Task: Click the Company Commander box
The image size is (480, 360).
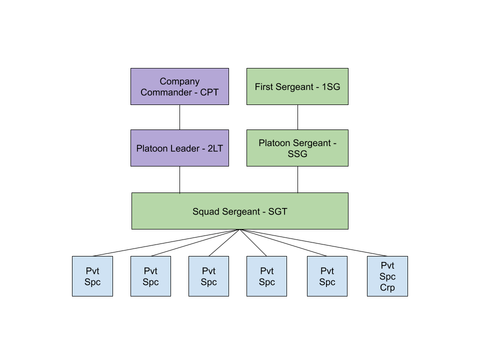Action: point(179,86)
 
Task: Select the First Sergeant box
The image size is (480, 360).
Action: point(297,86)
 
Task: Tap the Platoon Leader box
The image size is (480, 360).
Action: point(179,148)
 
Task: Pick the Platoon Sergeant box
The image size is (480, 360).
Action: point(297,148)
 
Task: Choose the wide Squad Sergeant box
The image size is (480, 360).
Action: point(239,211)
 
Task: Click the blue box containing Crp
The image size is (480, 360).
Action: point(387,276)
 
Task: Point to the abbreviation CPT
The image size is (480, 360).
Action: point(209,92)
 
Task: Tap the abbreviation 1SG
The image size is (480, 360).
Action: point(330,87)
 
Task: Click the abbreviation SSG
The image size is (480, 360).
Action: point(297,154)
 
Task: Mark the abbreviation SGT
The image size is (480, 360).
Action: point(278,211)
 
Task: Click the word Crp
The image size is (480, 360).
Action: point(387,287)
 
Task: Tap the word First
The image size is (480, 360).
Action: point(263,87)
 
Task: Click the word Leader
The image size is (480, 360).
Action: point(183,148)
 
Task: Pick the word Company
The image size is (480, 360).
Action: point(179,81)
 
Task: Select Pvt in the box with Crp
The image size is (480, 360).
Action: point(387,265)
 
